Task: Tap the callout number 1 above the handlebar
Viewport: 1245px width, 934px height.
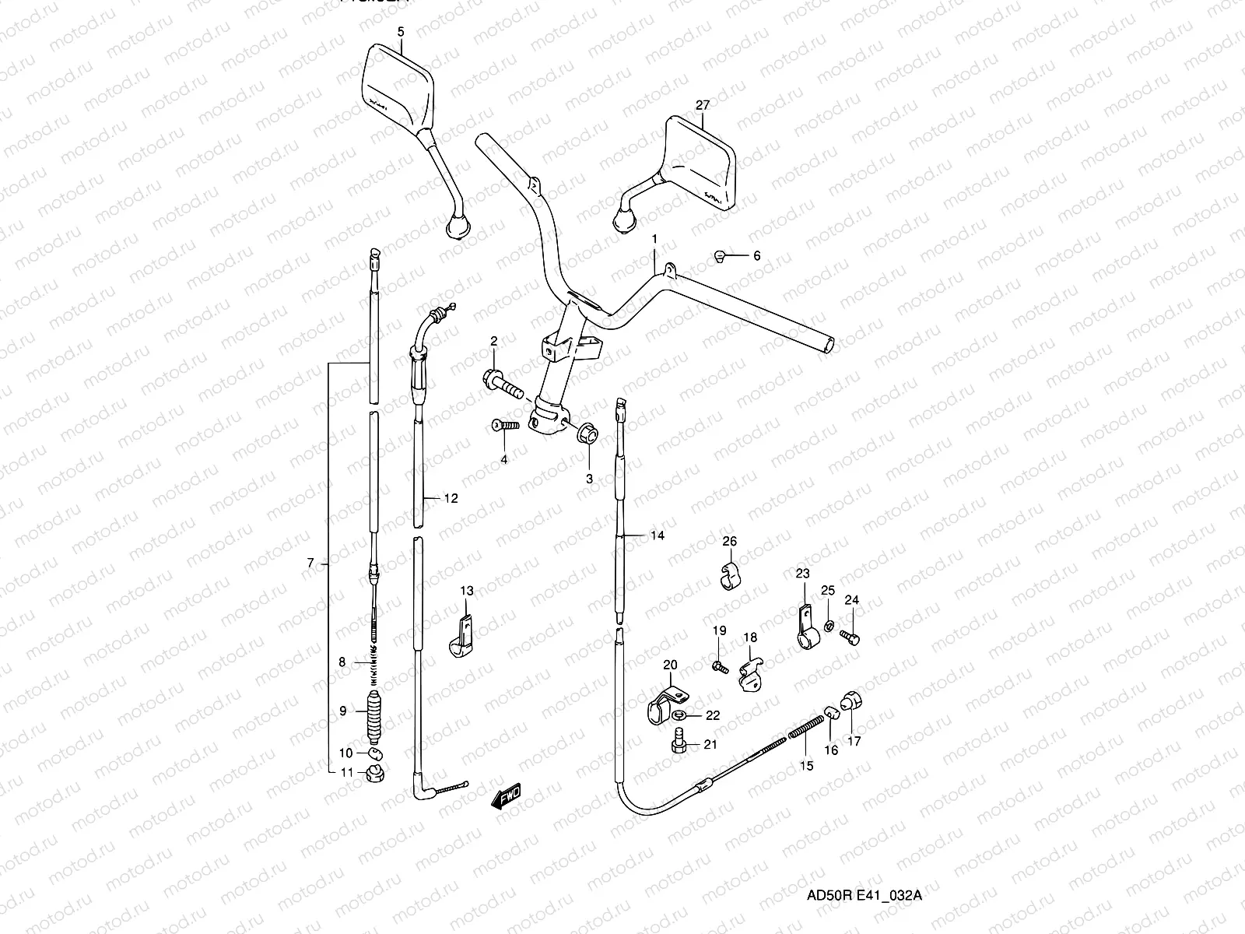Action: (654, 238)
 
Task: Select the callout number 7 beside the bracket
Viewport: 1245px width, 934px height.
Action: (310, 564)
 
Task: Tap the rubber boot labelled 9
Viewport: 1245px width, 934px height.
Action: (373, 715)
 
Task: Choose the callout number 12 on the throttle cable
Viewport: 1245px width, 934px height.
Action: (451, 498)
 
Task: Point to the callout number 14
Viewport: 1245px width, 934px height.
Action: (658, 535)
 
